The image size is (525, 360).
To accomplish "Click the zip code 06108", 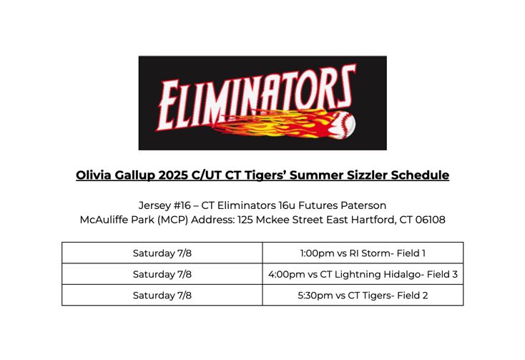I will [427, 220].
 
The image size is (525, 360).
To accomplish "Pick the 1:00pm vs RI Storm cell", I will [363, 253].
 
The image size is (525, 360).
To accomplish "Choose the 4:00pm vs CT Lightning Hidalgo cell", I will [363, 274].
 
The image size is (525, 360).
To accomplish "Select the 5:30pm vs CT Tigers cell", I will [363, 295].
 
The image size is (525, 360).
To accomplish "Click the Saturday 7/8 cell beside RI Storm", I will [162, 253].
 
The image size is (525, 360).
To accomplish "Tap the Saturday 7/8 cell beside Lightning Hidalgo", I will [162, 274].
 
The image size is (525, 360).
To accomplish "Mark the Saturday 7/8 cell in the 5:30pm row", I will [162, 295].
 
